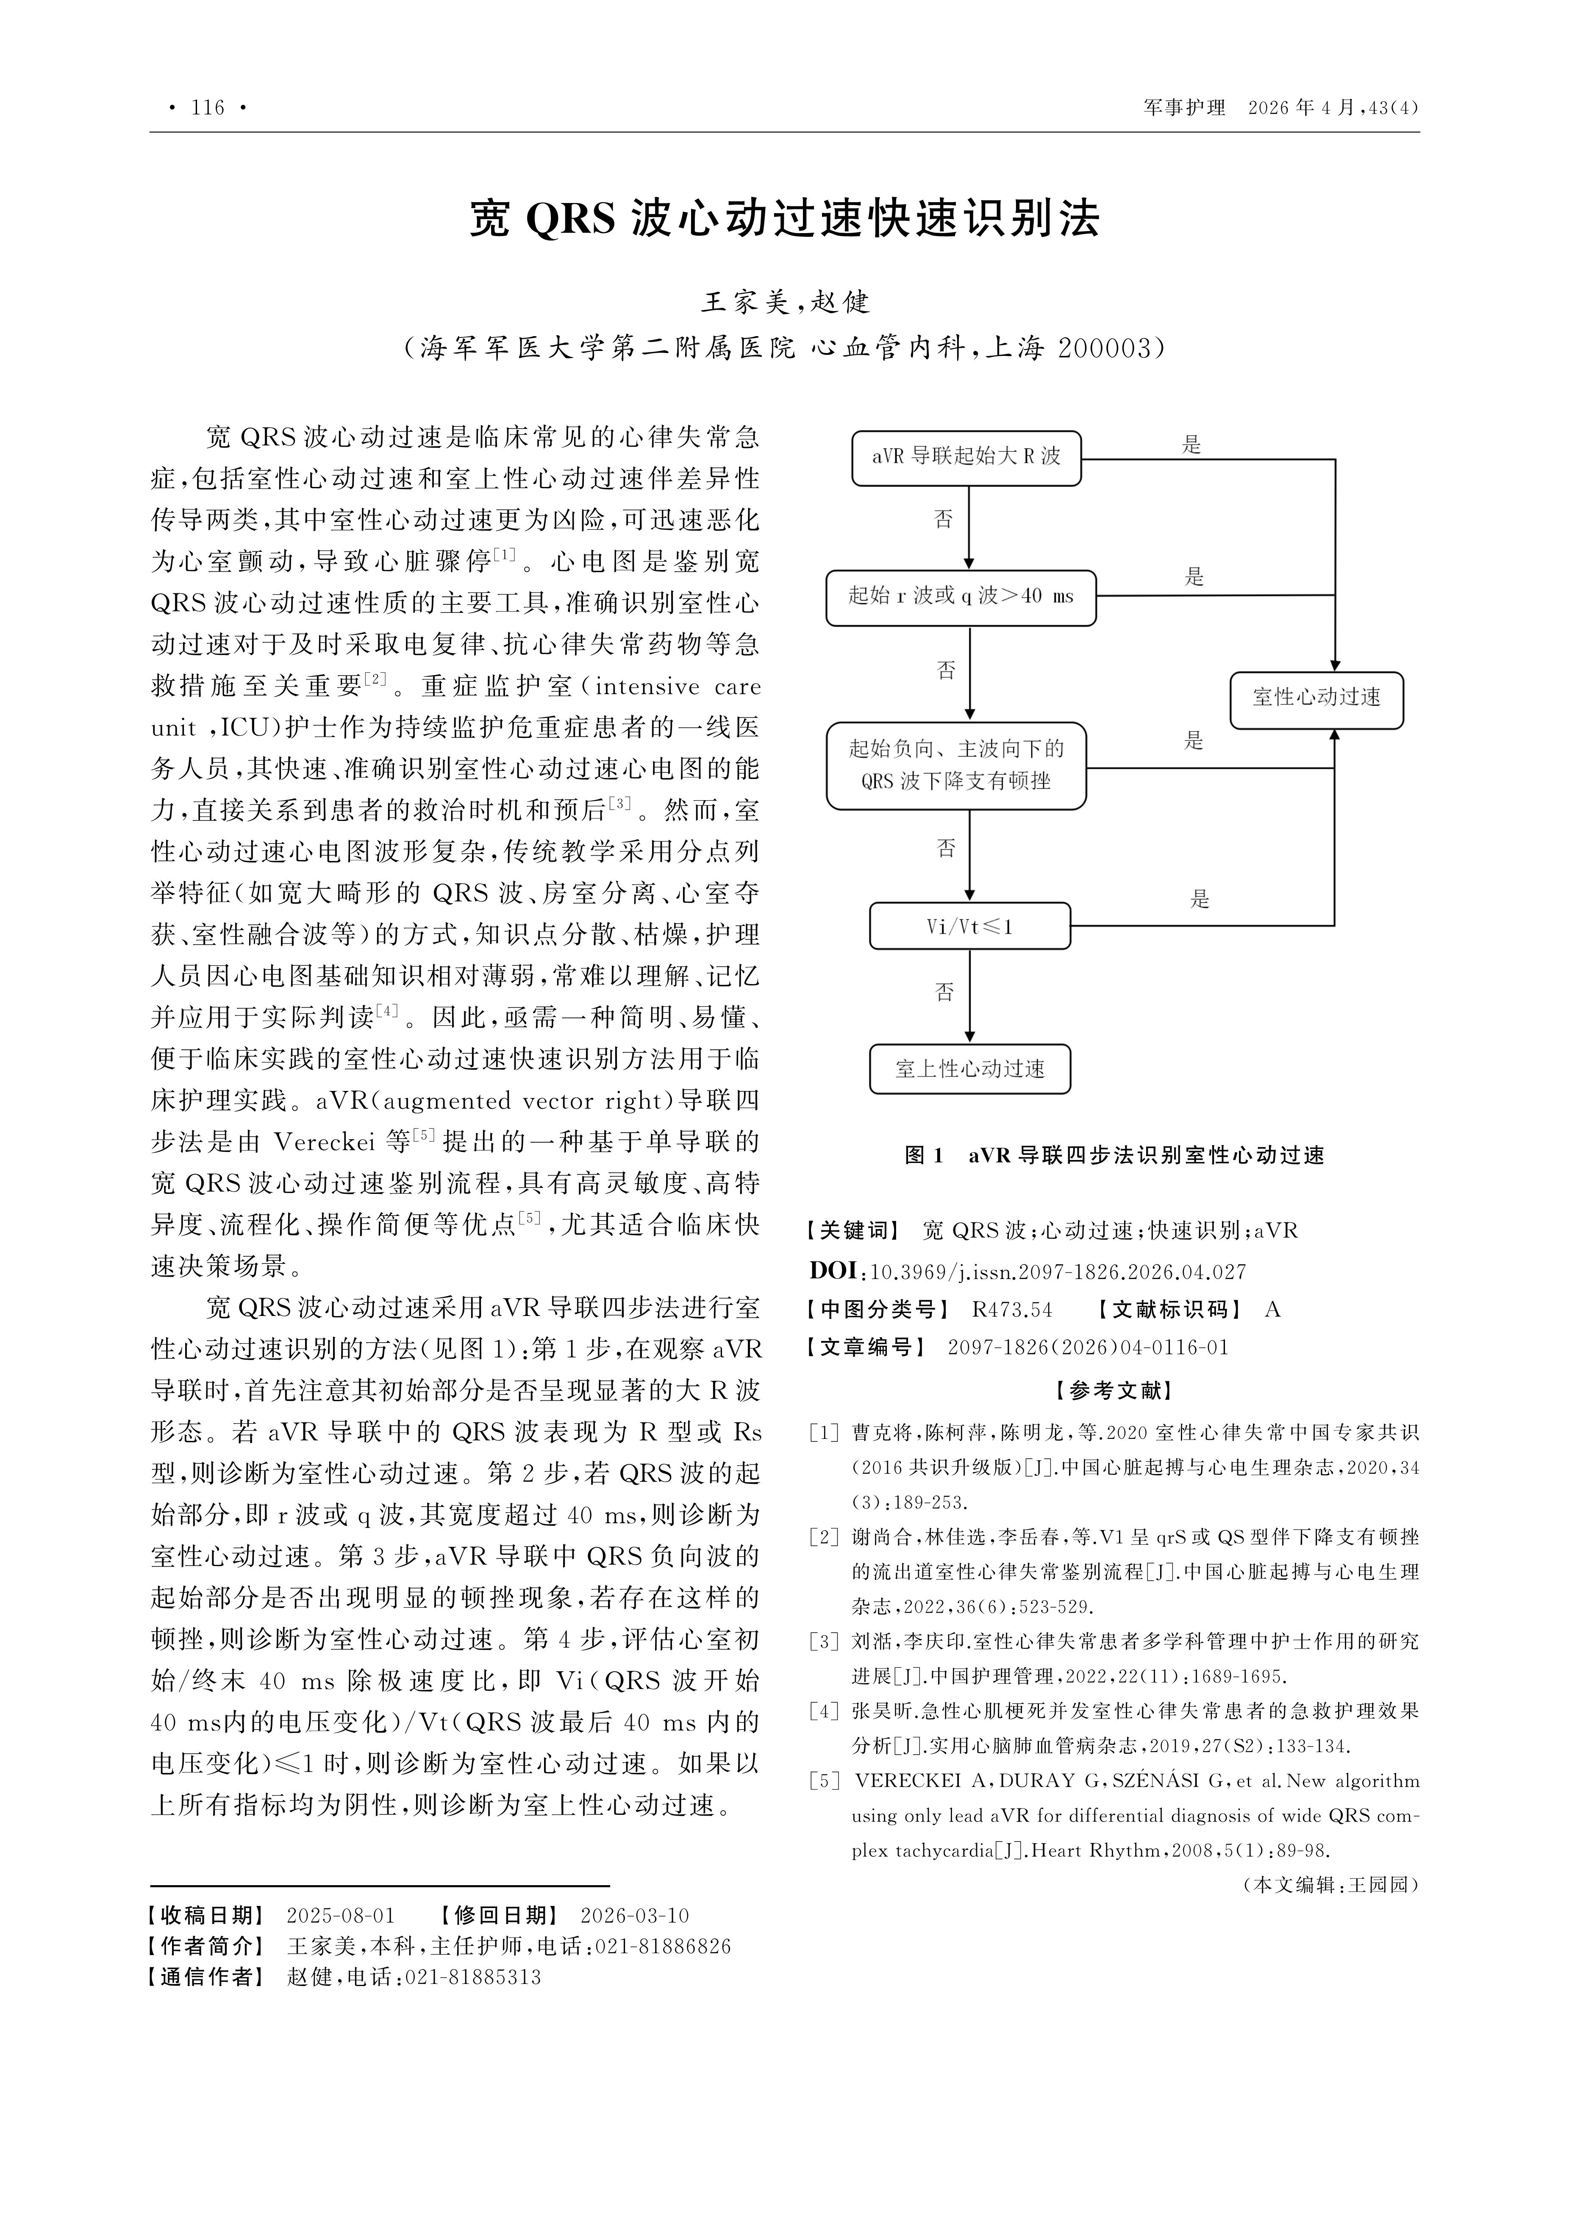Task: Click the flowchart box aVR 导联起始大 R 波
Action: (x=966, y=457)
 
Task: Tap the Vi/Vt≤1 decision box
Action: (x=969, y=926)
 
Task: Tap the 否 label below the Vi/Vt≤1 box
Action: (x=944, y=992)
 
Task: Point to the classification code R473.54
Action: (x=1011, y=1310)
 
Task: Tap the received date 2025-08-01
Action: (x=340, y=1915)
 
